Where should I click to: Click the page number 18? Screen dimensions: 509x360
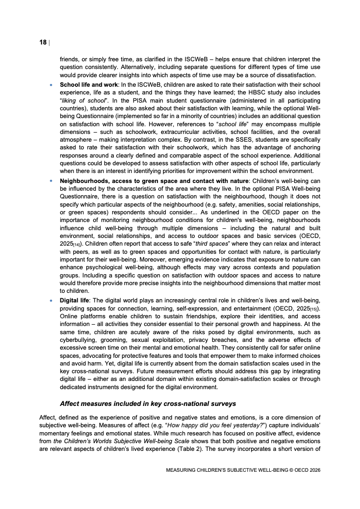pos(43,43)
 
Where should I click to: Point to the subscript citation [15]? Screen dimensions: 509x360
pos(314,309)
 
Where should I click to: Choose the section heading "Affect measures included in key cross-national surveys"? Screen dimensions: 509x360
pos(148,403)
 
